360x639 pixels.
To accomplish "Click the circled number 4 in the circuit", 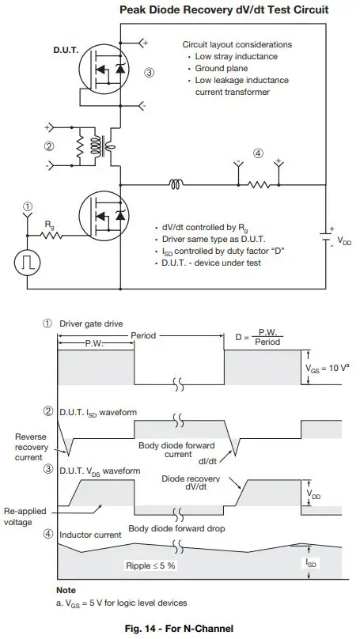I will tap(256, 153).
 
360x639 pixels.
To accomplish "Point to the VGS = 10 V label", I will tap(324, 368).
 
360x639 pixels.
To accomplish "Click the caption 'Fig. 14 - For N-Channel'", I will tap(179, 629).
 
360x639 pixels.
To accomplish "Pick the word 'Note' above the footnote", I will tap(66, 590).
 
